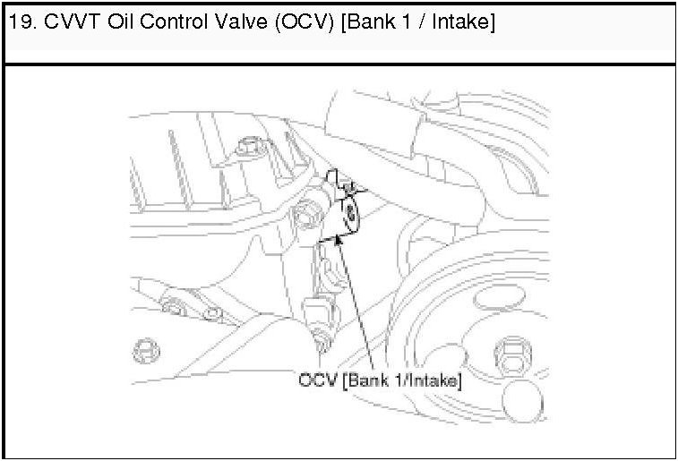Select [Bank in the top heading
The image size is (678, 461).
(x=368, y=21)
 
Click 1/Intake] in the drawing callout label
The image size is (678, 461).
(x=428, y=381)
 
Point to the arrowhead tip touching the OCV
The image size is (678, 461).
(x=339, y=235)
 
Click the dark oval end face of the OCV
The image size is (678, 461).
(x=351, y=214)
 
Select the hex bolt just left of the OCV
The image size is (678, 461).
(x=306, y=214)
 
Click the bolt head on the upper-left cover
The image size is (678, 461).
(x=251, y=146)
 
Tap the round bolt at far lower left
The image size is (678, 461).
(x=146, y=351)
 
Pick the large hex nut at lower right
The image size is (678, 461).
(x=513, y=355)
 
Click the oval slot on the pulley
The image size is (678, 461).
(x=500, y=297)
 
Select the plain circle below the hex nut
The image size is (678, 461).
(x=523, y=401)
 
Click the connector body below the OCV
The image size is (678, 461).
(x=319, y=312)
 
